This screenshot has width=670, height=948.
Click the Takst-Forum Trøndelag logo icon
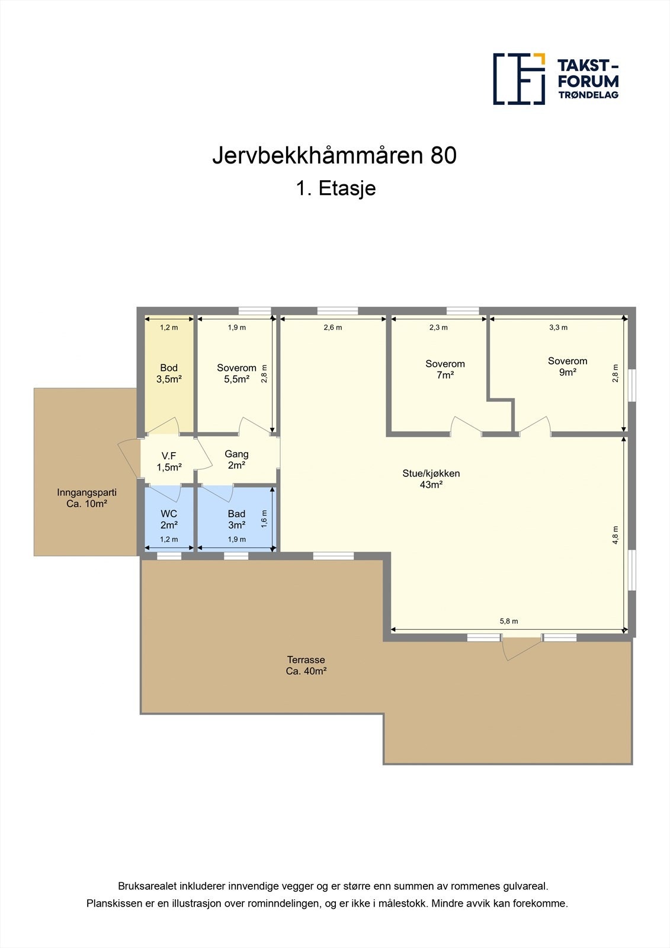coord(519,79)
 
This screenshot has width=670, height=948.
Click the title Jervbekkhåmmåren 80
coord(334,156)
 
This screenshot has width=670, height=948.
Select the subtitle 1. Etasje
coord(335,188)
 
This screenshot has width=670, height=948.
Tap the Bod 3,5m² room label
coord(169,374)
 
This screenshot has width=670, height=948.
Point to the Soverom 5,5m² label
coord(236,374)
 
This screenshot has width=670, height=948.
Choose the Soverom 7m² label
coord(445,369)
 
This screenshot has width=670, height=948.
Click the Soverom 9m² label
coord(568,367)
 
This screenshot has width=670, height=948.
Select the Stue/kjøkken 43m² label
coord(431,479)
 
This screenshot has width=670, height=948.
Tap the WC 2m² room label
coord(169,519)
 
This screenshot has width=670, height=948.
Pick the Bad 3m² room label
coord(236,519)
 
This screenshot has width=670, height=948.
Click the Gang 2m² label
coord(236,459)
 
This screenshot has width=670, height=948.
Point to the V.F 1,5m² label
coord(169,461)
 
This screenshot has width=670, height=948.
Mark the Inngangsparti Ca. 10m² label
coord(86,498)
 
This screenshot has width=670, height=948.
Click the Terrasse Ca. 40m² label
coord(306,665)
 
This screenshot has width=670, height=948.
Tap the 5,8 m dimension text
coord(508,621)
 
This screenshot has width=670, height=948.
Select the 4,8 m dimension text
coord(615,535)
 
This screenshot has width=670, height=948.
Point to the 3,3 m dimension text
coord(558,327)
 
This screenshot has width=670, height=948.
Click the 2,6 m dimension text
coord(332,327)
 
